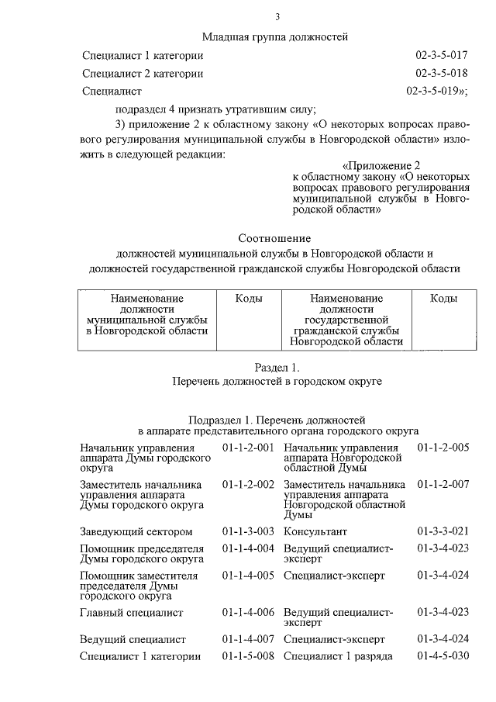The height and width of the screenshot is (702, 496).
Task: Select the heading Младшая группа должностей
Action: (x=275, y=36)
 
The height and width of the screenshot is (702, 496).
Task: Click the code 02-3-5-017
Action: (x=442, y=56)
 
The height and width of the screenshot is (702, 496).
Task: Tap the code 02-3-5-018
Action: (x=442, y=74)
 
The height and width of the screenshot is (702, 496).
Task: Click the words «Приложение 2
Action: (x=381, y=166)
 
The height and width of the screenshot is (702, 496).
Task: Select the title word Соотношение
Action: (x=274, y=237)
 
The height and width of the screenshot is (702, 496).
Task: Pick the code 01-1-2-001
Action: (x=248, y=448)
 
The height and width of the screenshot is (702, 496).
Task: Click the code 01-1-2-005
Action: (x=443, y=448)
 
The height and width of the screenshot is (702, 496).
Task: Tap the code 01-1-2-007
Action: (x=443, y=485)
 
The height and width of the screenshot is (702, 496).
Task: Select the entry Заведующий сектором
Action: (x=136, y=531)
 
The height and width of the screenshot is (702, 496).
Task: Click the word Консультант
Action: (x=315, y=531)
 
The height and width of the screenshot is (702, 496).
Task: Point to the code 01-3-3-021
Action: (x=443, y=531)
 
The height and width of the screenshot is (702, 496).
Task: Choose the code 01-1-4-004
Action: (x=248, y=549)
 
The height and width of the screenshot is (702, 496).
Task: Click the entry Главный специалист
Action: (x=131, y=613)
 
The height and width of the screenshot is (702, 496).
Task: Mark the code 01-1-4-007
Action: (x=248, y=639)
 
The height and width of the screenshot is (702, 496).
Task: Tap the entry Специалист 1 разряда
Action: (x=338, y=657)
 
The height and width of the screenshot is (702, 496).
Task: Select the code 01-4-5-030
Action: (x=443, y=657)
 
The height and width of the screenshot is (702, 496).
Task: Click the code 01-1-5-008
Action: (x=248, y=657)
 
